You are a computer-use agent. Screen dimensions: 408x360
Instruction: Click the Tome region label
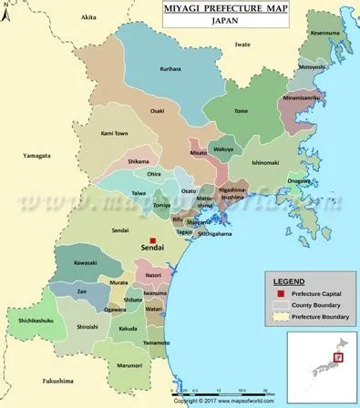click(x=242, y=111)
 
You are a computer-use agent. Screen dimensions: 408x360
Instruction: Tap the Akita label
click(x=87, y=17)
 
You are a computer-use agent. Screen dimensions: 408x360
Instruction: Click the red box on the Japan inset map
click(x=337, y=356)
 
